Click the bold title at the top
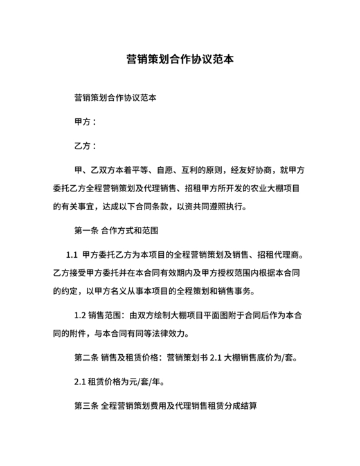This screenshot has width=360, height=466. click(x=179, y=61)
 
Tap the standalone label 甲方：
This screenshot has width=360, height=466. click(x=85, y=121)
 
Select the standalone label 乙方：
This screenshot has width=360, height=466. click(x=85, y=145)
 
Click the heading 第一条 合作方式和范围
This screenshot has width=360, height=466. click(x=116, y=229)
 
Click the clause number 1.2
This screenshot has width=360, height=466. click(x=80, y=315)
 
